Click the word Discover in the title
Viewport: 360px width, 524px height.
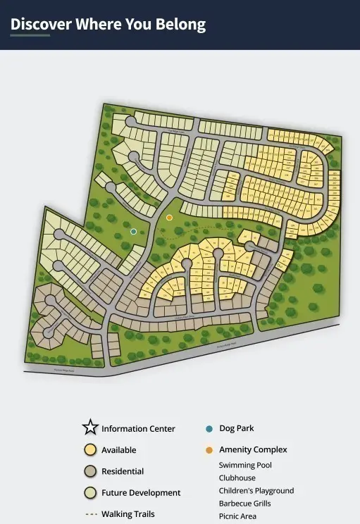(41, 24)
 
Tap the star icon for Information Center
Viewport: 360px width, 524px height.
(89, 428)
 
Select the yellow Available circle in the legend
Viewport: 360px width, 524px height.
(90, 449)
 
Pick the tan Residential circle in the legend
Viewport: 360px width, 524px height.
(90, 471)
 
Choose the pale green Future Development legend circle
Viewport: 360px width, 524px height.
(90, 492)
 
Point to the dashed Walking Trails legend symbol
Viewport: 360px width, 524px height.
(90, 514)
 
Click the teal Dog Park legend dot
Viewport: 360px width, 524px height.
(209, 428)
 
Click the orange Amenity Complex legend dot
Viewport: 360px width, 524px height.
(209, 449)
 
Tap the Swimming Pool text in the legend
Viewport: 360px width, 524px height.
(245, 466)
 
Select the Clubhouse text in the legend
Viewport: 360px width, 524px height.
(237, 478)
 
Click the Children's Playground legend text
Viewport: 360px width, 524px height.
(256, 491)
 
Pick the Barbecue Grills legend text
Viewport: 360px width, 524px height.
(244, 504)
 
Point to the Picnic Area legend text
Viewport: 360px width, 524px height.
(237, 516)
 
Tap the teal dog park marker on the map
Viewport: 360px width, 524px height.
(134, 231)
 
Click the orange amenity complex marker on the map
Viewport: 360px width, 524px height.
(169, 218)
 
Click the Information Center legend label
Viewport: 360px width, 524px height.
(138, 428)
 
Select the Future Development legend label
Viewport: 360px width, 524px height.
(141, 493)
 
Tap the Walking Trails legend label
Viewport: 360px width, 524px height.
(128, 514)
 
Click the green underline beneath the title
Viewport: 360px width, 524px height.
(30, 35)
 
